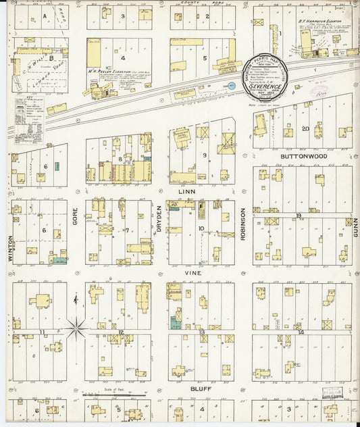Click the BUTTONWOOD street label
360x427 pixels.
coord(304,155)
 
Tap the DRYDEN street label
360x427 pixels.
coord(160,219)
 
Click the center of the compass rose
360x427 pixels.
coord(76,330)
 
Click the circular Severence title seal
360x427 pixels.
coord(265,78)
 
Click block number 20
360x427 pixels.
coord(306,128)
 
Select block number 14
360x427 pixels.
coord(302,332)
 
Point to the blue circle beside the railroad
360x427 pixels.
coord(232,85)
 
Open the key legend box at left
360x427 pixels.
coord(29,119)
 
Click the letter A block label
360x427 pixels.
coord(45,15)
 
